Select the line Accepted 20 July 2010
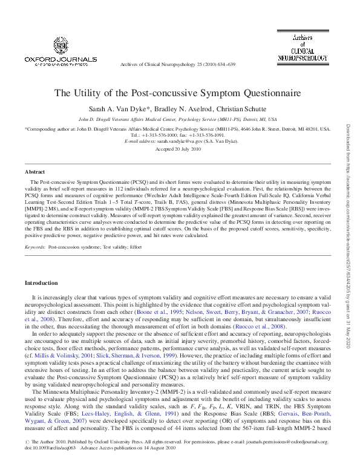click(178, 148)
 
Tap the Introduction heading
click(41, 283)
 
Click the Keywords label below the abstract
click(35, 247)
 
